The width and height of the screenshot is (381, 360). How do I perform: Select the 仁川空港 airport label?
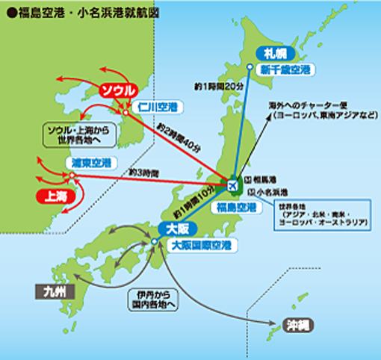(x=167, y=107)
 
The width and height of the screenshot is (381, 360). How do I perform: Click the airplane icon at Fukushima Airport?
(x=232, y=183)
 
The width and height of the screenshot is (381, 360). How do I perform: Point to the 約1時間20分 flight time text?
(x=218, y=87)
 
